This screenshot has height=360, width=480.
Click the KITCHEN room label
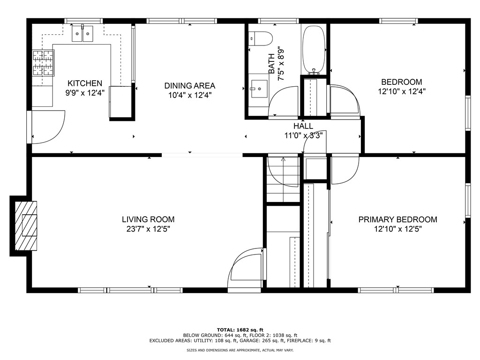click(84, 83)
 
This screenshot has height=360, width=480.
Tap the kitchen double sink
click(82, 34)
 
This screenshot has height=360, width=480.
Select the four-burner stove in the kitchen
click(43, 62)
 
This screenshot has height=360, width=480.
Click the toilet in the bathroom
click(261, 38)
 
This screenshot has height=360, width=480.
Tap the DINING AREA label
click(189, 86)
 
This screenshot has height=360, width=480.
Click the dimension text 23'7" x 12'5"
click(148, 229)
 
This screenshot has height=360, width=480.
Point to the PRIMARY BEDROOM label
click(397, 219)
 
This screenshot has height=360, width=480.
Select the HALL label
click(303, 126)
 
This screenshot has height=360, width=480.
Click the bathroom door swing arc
click(283, 100)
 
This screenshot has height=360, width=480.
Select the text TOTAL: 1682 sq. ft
click(240, 330)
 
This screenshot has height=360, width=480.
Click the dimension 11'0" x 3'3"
click(303, 135)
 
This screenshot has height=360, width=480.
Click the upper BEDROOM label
click(401, 82)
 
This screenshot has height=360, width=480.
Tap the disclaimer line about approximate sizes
click(240, 350)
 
